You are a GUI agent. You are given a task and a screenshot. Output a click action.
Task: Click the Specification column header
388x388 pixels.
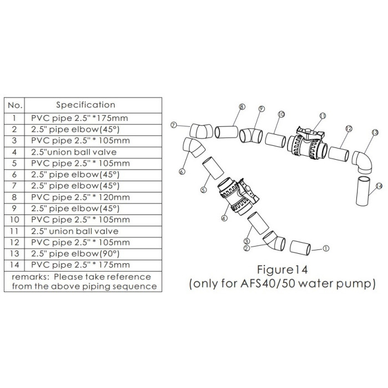[85, 105]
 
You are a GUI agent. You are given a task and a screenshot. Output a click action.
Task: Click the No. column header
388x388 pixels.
[15, 105]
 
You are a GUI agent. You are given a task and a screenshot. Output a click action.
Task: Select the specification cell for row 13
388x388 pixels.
[75, 254]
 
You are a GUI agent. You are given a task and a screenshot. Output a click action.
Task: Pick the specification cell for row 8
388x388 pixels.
[80, 197]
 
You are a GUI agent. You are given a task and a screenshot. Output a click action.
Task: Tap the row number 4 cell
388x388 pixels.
[14, 152]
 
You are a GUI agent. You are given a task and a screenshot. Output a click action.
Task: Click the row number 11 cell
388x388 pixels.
[14, 231]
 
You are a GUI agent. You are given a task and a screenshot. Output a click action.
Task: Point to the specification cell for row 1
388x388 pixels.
[79, 118]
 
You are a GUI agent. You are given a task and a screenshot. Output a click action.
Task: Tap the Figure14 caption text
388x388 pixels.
[282, 269]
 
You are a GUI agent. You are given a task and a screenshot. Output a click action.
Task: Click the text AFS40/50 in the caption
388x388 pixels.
[268, 284]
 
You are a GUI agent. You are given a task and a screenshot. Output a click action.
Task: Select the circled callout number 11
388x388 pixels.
[323, 116]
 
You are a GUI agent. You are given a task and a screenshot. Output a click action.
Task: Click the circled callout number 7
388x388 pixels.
[174, 125]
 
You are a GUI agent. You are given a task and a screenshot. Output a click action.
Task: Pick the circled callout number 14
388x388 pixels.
[379, 186]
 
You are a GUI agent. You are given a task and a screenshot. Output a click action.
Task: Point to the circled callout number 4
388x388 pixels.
[224, 218]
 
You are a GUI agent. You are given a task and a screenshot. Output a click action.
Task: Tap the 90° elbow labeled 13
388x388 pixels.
[363, 162]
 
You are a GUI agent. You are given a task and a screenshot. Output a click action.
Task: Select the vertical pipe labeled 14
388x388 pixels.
[363, 191]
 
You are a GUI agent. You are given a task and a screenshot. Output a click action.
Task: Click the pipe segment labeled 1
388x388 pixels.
[300, 248]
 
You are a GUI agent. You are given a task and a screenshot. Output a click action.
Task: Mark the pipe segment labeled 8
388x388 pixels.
[226, 132]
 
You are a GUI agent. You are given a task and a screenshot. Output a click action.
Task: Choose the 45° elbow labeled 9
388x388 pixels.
[251, 136]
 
